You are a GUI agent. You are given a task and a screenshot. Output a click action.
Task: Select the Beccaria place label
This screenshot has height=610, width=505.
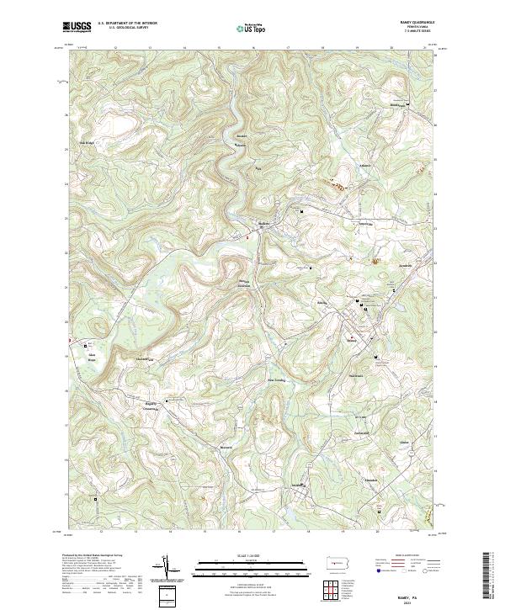coord(226,447)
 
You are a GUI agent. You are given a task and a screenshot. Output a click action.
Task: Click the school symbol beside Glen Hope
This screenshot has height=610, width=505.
coord(84,345)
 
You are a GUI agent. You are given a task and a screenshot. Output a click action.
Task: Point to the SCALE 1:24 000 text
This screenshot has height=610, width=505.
coord(240,554)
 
